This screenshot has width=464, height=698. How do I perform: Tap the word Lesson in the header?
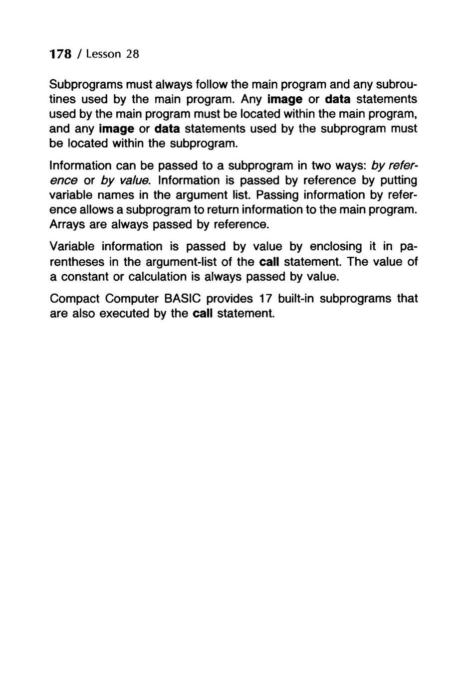point(103,54)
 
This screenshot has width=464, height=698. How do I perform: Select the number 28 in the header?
point(132,54)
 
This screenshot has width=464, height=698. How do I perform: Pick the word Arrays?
point(67,225)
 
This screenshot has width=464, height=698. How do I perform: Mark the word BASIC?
point(179,299)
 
